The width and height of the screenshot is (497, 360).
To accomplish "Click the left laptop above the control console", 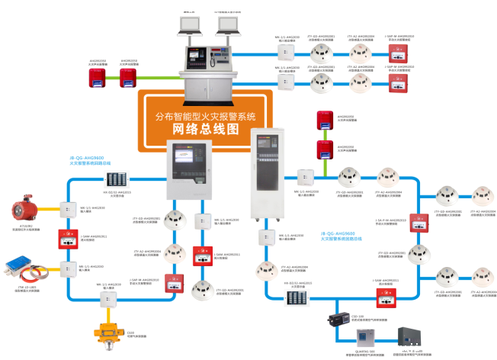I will pyautogui.click(x=188, y=25).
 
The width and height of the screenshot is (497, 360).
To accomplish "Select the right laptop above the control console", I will pyautogui.click(x=228, y=25).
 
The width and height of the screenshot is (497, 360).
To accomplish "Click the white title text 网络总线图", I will pyautogui.click(x=205, y=129).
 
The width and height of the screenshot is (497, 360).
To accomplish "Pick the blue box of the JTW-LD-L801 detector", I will pyautogui.click(x=20, y=268).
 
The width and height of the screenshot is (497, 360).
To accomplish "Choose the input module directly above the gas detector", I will pyautogui.click(x=109, y=291).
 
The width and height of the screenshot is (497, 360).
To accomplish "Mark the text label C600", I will pyautogui.click(x=109, y=333).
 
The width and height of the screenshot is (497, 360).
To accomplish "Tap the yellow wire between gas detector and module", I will pyautogui.click(x=109, y=302).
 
